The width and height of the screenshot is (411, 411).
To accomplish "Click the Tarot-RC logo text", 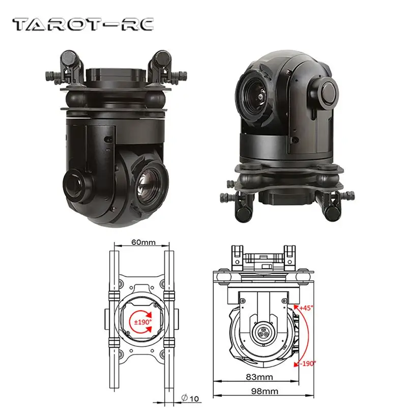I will (x=82, y=24).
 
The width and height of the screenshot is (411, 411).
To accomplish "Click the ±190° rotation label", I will (x=142, y=322).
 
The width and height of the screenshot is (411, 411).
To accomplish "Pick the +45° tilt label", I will (x=307, y=308).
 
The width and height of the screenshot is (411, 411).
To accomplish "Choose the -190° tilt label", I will (x=308, y=363).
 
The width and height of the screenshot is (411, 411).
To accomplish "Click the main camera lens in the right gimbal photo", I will (x=254, y=92).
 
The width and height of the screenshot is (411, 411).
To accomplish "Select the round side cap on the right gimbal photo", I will (x=328, y=92).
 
